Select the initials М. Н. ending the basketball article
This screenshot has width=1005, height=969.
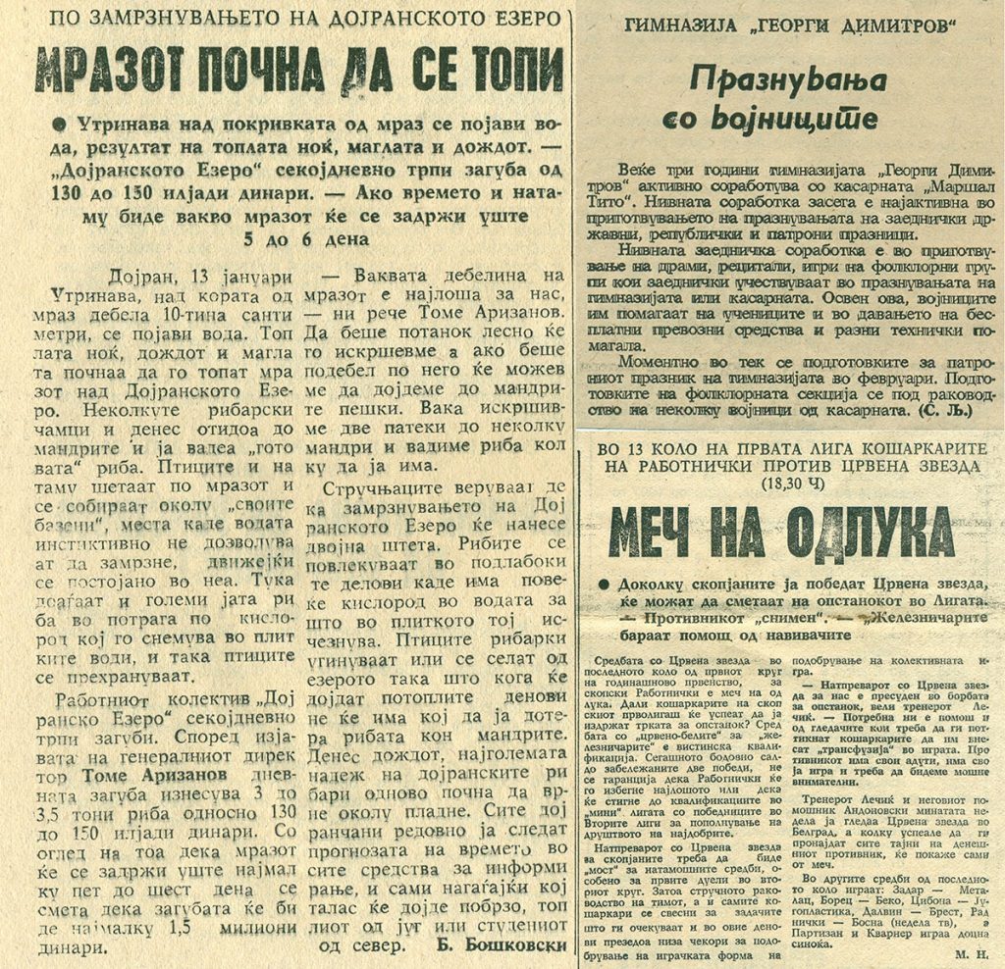click(x=971, y=952)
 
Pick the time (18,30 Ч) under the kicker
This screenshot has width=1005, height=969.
click(x=794, y=484)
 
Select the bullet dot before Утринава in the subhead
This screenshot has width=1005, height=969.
click(x=63, y=126)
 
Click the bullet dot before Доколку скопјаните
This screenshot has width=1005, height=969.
click(x=612, y=585)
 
